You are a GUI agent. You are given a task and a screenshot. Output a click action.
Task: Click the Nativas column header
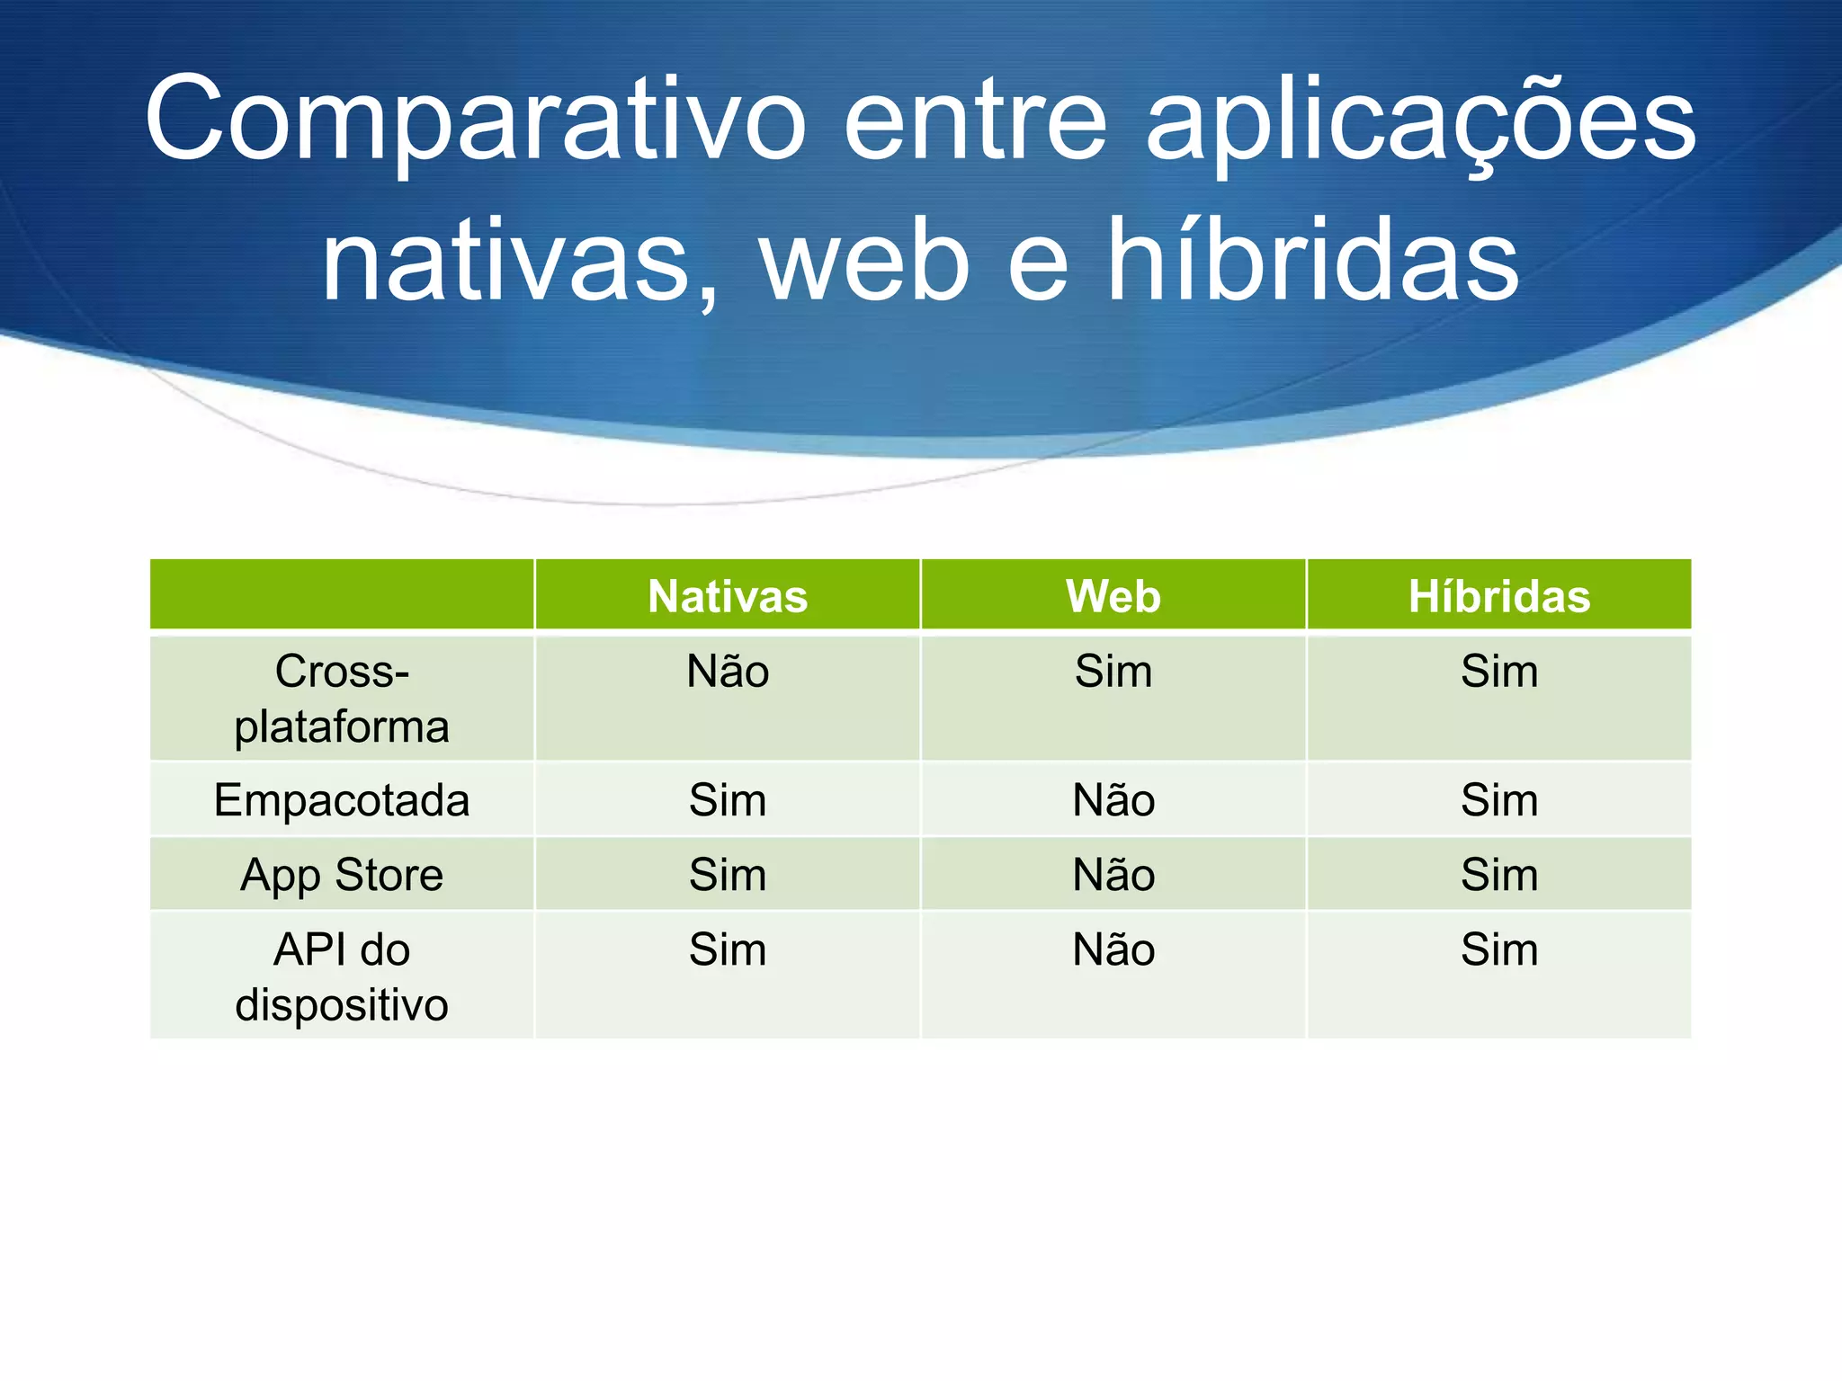point(728,596)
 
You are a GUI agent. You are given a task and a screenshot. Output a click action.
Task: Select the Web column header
point(1113,596)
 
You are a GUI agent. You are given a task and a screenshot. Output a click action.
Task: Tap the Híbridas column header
point(1498,596)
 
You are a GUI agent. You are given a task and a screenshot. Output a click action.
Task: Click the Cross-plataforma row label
point(342,699)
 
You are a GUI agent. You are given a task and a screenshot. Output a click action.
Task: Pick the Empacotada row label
point(342,800)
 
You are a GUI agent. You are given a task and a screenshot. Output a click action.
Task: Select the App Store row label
point(342,875)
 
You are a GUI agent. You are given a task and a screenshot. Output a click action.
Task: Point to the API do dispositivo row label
point(342,976)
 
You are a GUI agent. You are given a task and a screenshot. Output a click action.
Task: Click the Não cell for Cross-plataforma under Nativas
point(728,672)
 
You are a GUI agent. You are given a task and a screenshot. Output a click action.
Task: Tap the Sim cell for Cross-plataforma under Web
point(1113,672)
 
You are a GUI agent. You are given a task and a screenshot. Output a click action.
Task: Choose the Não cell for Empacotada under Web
point(1113,800)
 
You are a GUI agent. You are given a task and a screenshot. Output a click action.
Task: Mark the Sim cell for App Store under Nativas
point(728,875)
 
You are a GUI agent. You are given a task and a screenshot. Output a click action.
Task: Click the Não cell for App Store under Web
point(1113,875)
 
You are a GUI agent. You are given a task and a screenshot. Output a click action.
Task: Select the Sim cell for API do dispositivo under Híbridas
point(1498,950)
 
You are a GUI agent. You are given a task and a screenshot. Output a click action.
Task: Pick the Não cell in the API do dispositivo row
point(1113,950)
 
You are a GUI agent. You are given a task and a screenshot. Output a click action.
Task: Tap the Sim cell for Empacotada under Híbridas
point(1498,800)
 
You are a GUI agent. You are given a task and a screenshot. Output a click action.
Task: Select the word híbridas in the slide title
point(1312,262)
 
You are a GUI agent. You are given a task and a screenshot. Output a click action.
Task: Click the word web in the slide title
point(865,262)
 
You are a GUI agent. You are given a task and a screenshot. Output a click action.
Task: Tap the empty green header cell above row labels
point(342,594)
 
